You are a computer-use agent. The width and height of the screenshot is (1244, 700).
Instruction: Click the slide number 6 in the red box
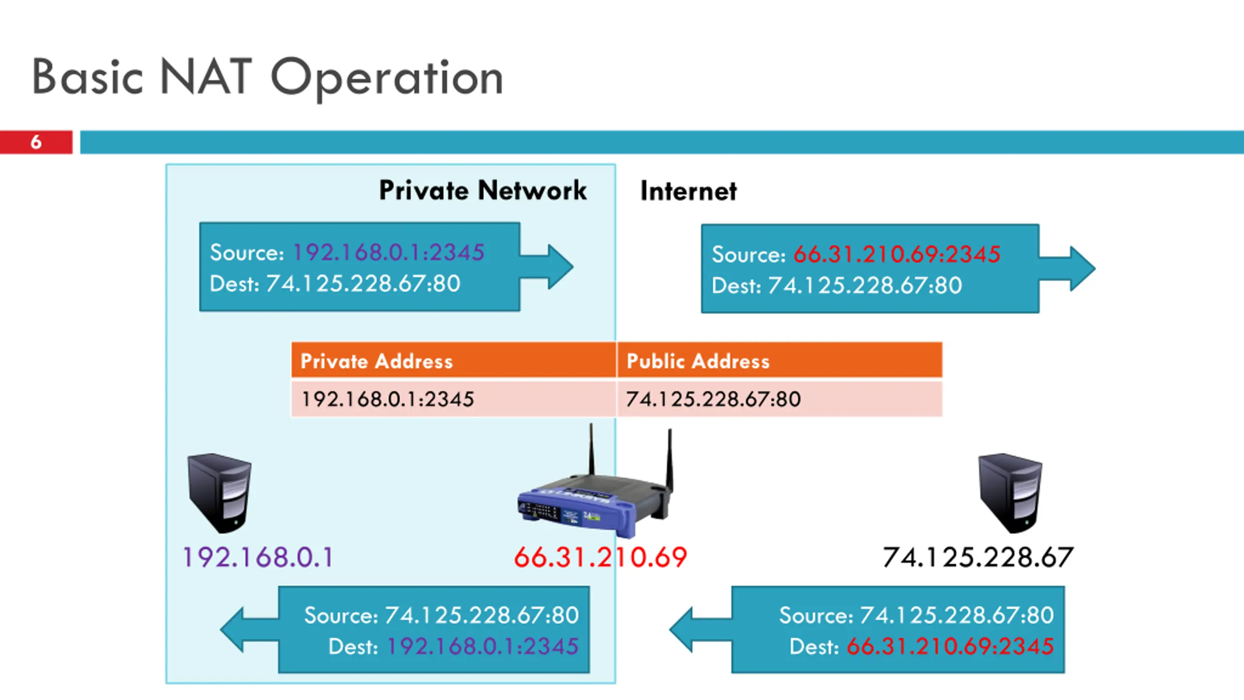pos(36,142)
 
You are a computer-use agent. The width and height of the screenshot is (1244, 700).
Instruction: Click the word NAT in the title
pos(206,76)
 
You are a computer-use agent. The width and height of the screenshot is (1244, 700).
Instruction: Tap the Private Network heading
pos(483,190)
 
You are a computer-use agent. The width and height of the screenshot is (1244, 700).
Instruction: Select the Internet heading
pos(688,191)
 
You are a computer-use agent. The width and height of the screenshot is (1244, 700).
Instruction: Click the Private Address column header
pos(377,361)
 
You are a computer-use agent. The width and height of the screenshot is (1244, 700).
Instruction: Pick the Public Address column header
pos(698,361)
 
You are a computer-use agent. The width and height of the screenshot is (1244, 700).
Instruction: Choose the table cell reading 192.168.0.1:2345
pos(388,399)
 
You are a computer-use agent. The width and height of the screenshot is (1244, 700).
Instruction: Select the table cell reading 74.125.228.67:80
pos(713,399)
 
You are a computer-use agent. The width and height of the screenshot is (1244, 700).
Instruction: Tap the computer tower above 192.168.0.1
pos(220,492)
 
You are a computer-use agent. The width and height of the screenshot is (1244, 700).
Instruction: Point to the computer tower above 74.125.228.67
pos(1010,492)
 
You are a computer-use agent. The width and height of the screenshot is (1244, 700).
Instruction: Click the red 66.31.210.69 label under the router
pos(601,557)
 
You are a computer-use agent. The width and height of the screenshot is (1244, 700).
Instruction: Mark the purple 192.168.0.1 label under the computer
pos(258,557)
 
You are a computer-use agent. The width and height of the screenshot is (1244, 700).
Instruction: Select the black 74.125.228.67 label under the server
pos(978,557)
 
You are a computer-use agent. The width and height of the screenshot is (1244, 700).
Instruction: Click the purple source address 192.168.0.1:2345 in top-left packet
pos(389,252)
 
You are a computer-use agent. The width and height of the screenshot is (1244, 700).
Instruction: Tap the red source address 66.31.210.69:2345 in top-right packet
pos(897,254)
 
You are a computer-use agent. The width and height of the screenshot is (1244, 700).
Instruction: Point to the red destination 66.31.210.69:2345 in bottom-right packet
pos(950,647)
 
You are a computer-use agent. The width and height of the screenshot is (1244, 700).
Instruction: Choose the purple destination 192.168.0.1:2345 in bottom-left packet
pos(483,647)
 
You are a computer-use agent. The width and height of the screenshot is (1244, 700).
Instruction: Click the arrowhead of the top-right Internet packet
pos(1082,269)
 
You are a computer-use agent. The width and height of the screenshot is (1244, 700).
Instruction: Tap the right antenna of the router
pos(670,457)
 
